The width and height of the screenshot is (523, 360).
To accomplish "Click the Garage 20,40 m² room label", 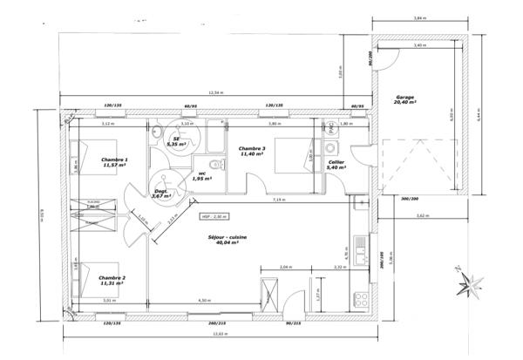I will click(404, 99).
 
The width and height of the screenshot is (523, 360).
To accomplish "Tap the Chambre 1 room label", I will click(114, 163).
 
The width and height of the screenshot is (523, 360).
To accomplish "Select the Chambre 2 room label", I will click(111, 281).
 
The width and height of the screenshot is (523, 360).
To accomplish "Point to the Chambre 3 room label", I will click(252, 152).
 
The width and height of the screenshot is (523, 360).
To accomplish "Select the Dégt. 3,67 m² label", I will click(160, 194).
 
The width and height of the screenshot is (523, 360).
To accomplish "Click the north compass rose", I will click(473, 282).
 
